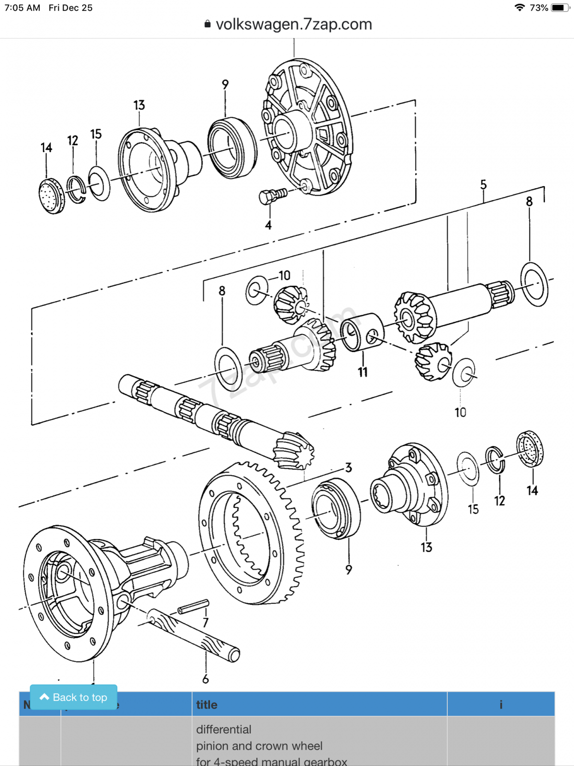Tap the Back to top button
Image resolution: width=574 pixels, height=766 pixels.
[x=73, y=697]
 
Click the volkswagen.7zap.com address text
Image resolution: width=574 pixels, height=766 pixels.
[x=293, y=24]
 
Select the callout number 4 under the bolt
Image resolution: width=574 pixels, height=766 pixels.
[x=268, y=225]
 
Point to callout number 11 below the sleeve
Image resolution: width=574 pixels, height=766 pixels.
[x=363, y=372]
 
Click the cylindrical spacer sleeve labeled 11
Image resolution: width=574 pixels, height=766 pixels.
[x=362, y=332]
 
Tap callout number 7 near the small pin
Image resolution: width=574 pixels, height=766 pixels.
[x=205, y=622]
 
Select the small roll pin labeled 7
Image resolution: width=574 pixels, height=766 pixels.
[x=193, y=606]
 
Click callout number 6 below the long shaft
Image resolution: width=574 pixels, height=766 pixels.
[x=205, y=679]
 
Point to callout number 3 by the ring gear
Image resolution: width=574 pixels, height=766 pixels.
[x=349, y=468]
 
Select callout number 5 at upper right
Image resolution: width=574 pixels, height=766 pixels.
[x=483, y=185]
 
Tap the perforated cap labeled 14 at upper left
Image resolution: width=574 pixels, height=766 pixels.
[x=51, y=196]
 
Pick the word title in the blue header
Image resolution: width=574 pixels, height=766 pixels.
[x=207, y=705]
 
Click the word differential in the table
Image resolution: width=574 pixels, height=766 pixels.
[x=223, y=729]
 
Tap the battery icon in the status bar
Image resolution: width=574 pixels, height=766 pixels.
[x=559, y=8]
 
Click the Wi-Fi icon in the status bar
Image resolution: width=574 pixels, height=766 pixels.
[x=519, y=8]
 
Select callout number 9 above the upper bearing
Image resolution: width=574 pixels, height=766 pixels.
[x=225, y=85]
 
